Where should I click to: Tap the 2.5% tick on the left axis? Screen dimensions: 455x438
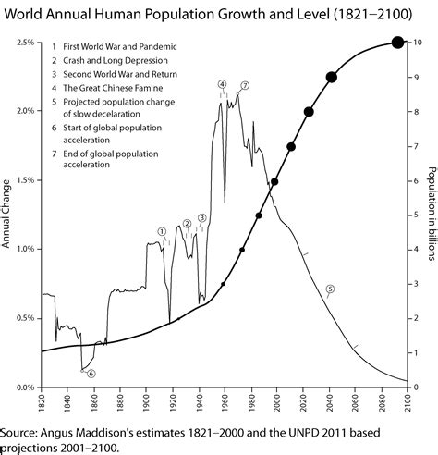tap(26, 43)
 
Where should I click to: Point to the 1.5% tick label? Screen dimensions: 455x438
tap(26, 180)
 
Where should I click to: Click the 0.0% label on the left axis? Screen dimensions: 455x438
tap(26, 387)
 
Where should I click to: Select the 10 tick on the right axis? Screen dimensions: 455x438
tap(418, 43)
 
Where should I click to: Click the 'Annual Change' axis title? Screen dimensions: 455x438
tap(7, 215)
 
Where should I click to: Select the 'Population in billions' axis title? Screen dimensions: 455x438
tap(432, 215)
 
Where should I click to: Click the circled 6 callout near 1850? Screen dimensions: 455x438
tap(91, 373)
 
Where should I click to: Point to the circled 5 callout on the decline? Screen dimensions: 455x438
tap(329, 289)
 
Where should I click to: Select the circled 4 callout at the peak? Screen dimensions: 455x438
tap(222, 85)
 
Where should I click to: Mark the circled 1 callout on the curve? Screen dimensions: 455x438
tap(162, 231)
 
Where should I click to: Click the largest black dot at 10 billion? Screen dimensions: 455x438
tap(397, 42)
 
